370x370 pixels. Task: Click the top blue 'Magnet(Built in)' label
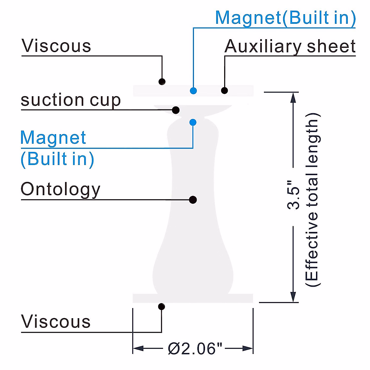point(285,18)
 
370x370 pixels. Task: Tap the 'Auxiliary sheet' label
point(290,47)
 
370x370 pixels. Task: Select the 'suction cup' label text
point(71,101)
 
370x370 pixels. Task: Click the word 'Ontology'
point(60,189)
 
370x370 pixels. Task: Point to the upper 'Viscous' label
point(56,46)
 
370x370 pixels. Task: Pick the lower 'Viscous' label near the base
point(56,322)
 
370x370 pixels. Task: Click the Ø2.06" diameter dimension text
point(195,349)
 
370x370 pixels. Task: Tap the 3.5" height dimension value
point(293,197)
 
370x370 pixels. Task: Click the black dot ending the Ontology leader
point(193,200)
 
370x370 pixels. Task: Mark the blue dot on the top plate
point(193,91)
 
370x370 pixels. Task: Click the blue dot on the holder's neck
point(193,122)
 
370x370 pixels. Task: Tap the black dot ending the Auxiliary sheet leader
point(224,90)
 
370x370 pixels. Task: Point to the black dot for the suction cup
point(176,110)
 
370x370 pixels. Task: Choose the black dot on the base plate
point(161,306)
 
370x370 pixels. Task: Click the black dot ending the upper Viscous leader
point(162,82)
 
